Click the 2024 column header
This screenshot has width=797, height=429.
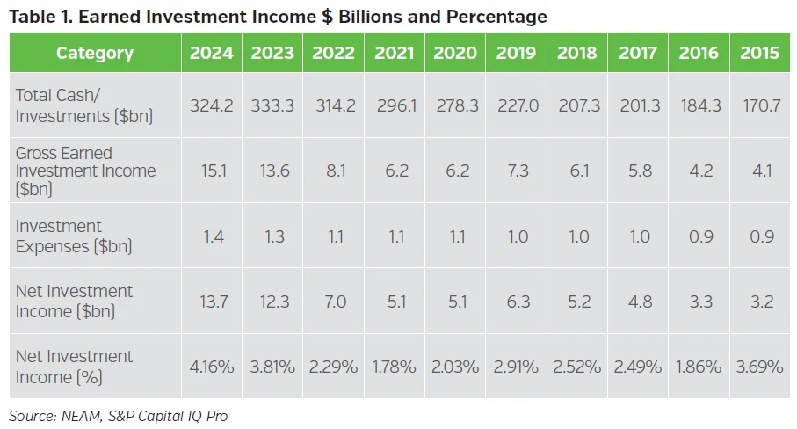[212, 53]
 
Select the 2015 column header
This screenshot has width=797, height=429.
[759, 53]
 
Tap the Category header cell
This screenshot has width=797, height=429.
[95, 53]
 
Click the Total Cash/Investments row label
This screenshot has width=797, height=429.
[84, 105]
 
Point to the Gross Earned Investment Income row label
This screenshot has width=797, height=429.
[85, 171]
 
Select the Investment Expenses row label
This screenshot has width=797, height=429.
[74, 236]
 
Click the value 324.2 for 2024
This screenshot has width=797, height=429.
[212, 105]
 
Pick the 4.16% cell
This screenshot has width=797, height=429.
[212, 367]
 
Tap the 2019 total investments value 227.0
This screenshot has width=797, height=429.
[516, 105]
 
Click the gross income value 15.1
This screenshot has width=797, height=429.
[212, 171]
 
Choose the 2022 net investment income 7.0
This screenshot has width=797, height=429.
[333, 302]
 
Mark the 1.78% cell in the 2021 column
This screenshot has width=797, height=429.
[394, 367]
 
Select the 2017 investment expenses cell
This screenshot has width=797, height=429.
[638, 236]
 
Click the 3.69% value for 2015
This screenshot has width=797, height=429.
[759, 367]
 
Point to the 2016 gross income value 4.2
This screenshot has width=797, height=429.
[699, 171]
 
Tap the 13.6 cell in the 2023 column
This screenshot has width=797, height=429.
[272, 171]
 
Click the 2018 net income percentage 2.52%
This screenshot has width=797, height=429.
[577, 367]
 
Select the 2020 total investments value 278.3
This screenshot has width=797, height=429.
[455, 105]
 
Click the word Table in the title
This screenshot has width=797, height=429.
[33, 17]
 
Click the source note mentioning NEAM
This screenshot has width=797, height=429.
[118, 416]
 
